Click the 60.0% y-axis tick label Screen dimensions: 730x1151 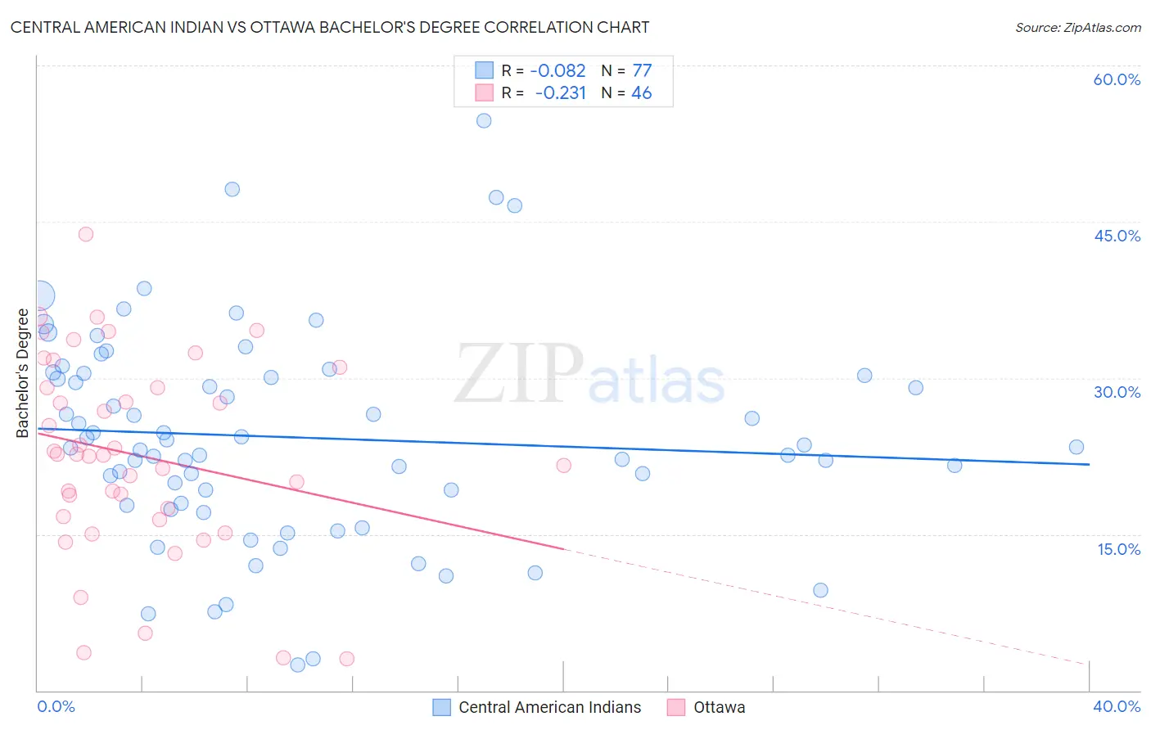click(x=1117, y=79)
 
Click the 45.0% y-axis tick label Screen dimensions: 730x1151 click(x=1117, y=236)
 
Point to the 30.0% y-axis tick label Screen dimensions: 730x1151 click(x=1117, y=392)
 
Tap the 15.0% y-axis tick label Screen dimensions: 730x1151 click(x=1118, y=549)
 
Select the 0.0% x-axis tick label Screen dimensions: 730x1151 click(x=56, y=706)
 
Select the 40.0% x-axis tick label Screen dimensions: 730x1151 click(x=1117, y=706)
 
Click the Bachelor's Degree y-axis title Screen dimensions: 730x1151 click(x=23, y=373)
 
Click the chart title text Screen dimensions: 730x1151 click(x=330, y=27)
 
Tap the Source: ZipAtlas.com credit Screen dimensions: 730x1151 click(x=1077, y=28)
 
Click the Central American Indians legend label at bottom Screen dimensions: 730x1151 click(x=549, y=707)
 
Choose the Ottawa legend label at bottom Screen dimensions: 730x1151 click(x=719, y=707)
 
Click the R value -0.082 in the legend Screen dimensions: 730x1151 click(x=558, y=71)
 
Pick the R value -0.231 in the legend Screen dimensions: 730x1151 click(x=561, y=93)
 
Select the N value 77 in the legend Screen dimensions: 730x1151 click(x=642, y=71)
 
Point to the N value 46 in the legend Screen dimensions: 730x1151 click(x=642, y=93)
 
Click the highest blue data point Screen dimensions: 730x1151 click(x=484, y=120)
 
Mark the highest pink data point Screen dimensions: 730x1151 click(x=86, y=234)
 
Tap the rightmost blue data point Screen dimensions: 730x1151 click(x=1077, y=447)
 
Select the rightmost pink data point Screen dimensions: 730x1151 click(x=563, y=466)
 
